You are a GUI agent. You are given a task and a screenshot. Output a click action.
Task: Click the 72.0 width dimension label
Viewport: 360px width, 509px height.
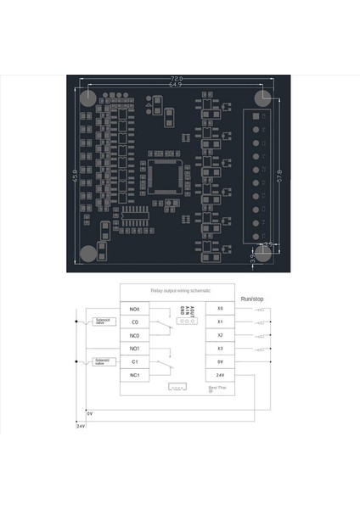pyautogui.click(x=175, y=78)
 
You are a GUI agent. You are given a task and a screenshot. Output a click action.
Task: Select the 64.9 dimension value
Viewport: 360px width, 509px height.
pyautogui.click(x=175, y=85)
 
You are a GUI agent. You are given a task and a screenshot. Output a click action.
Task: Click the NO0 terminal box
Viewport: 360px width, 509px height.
pyautogui.click(x=134, y=309)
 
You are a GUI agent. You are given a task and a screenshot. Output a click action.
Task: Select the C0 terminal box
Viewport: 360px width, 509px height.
pyautogui.click(x=134, y=322)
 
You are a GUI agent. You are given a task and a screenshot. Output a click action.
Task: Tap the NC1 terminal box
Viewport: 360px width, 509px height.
pyautogui.click(x=134, y=375)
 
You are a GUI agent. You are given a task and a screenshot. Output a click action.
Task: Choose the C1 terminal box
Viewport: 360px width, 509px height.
pyautogui.click(x=134, y=362)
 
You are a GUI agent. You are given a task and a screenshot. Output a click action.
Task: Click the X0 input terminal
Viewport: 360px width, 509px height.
pyautogui.click(x=220, y=309)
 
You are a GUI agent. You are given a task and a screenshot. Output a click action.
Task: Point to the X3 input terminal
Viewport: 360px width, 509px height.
pyautogui.click(x=220, y=349)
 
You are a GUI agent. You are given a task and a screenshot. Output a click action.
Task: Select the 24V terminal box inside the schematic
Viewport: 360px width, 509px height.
pyautogui.click(x=220, y=375)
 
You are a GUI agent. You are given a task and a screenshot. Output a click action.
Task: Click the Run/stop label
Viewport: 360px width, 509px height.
pyautogui.click(x=252, y=299)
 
